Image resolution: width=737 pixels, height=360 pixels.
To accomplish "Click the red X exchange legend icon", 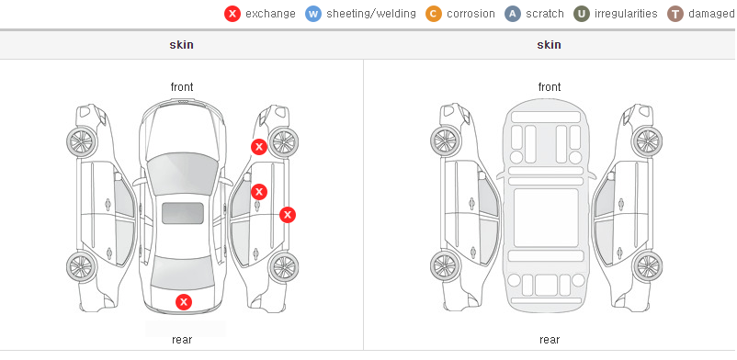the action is [x=232, y=14].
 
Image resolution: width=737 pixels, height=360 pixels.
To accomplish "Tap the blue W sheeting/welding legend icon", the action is [x=313, y=14].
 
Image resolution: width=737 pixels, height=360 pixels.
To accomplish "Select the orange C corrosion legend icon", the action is [x=434, y=14].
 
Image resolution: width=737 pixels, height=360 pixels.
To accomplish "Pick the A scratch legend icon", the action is [x=513, y=14].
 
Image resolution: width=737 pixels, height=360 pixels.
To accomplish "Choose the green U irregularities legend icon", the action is [x=582, y=14].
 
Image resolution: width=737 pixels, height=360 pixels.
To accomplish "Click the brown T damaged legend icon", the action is [x=675, y=14].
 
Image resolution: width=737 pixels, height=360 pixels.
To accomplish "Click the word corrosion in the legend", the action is [x=471, y=14].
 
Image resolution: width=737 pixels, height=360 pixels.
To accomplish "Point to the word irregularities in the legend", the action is [x=626, y=14].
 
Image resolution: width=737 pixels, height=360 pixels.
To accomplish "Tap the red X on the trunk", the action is [x=184, y=302].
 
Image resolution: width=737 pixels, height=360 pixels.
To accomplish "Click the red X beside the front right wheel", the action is [x=259, y=147].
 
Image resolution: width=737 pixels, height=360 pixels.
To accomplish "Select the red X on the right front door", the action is [x=259, y=192].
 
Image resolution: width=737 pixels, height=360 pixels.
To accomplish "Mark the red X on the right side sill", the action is [x=288, y=215].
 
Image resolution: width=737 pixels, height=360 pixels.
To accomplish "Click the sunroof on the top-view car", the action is [x=183, y=213].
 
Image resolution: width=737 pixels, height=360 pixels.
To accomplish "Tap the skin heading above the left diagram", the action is [x=181, y=45].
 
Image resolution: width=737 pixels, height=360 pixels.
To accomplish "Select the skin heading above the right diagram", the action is [x=549, y=45].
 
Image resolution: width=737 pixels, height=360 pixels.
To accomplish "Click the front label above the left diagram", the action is [x=182, y=87].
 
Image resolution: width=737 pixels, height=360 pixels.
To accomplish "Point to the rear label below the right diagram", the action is [x=550, y=340].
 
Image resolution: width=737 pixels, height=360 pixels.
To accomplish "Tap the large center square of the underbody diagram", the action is [x=546, y=218].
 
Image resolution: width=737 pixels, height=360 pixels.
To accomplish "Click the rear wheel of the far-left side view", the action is [x=81, y=266].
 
